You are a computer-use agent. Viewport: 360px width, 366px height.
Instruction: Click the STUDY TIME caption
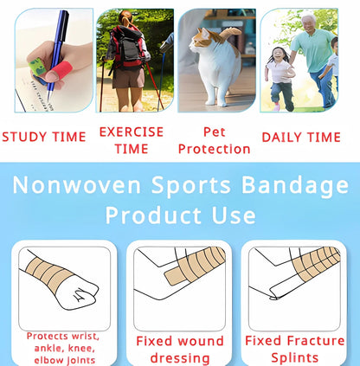[x=44, y=137]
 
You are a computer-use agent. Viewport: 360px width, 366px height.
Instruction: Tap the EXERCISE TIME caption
[x=132, y=139]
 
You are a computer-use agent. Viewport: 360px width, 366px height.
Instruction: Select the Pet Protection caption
[x=214, y=140]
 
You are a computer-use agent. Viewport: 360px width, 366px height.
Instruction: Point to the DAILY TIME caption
[x=301, y=137]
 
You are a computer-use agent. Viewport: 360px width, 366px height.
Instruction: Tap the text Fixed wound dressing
[x=180, y=349]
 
